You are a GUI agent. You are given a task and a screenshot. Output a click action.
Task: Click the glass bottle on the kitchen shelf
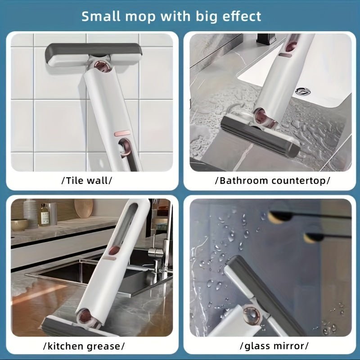tap(45, 214)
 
